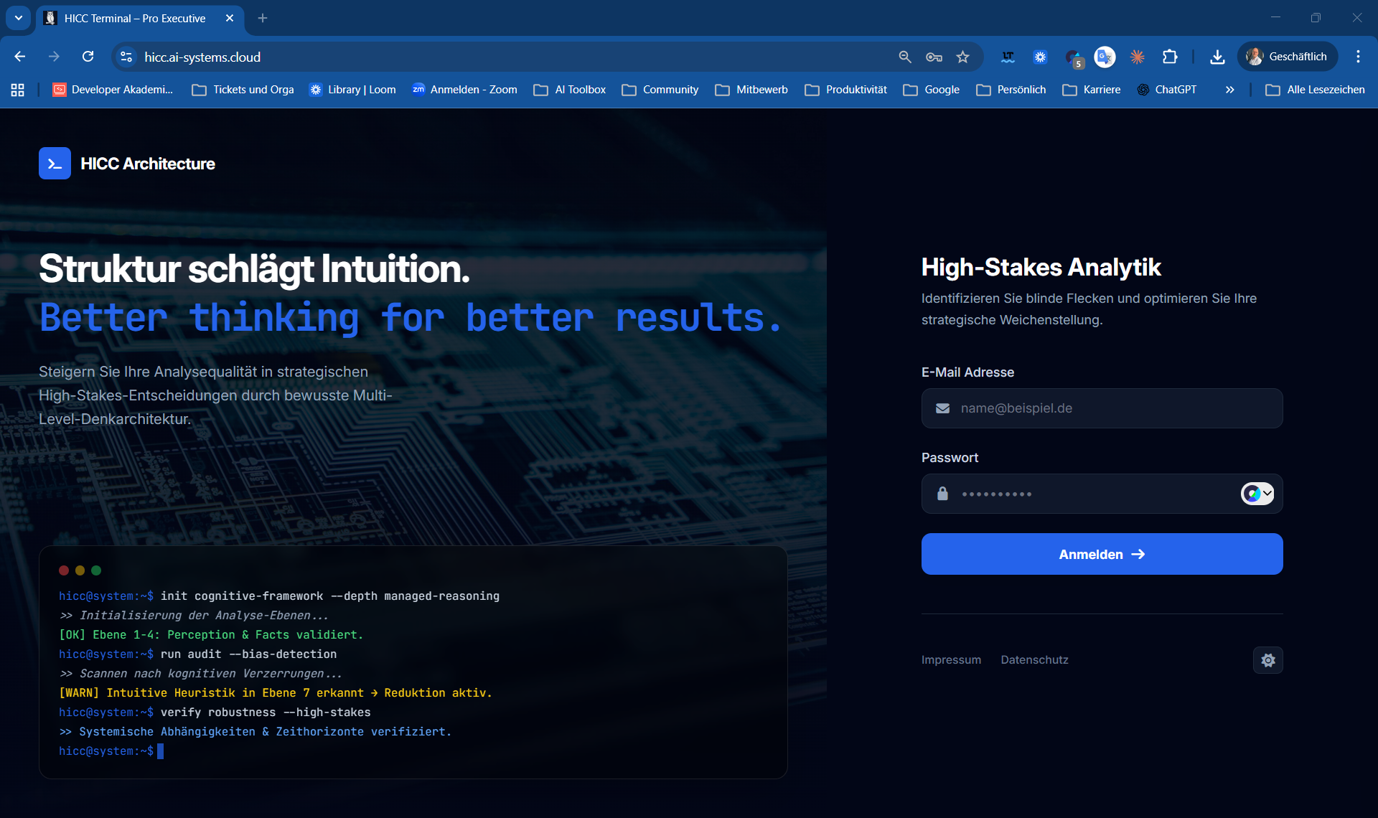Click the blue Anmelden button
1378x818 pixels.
coord(1102,554)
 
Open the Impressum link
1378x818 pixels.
coord(951,660)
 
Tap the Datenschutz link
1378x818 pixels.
coord(1034,660)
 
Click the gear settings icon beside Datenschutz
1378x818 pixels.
coord(1268,660)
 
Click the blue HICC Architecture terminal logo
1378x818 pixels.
coord(55,164)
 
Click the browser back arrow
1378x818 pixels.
coord(20,57)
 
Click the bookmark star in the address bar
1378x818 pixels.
coord(963,57)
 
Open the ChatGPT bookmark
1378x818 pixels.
coord(1168,90)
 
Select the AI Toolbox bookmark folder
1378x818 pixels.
coord(571,90)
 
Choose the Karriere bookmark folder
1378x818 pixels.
coord(1092,90)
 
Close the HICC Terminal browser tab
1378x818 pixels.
coord(230,18)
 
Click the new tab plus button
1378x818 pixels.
coord(263,18)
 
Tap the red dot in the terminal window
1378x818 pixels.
coord(64,570)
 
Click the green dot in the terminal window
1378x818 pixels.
coord(96,570)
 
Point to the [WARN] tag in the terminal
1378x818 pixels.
coord(79,693)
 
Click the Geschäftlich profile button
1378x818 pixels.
coord(1288,57)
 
